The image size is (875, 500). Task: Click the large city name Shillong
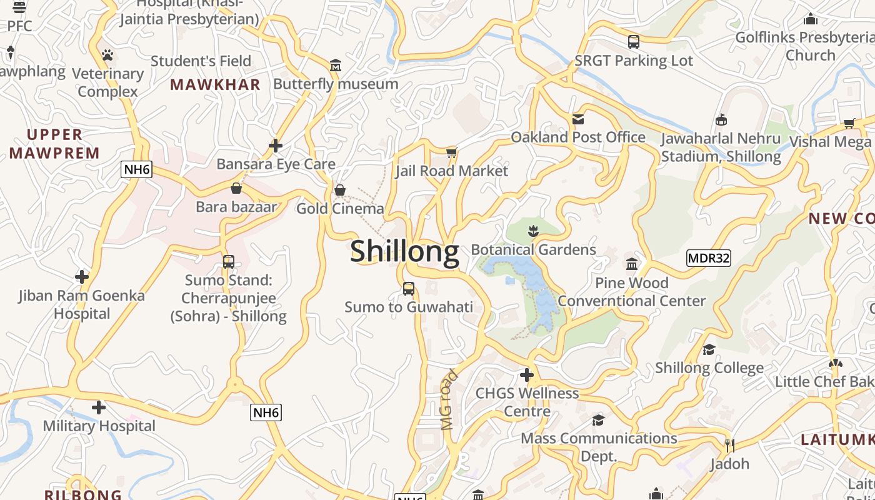pyautogui.click(x=404, y=251)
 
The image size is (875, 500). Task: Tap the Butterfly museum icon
pyautogui.click(x=336, y=66)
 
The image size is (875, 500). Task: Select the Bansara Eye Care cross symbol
pyautogui.click(x=276, y=146)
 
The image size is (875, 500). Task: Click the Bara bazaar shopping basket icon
pyautogui.click(x=236, y=188)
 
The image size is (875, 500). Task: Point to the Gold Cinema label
pyautogui.click(x=340, y=209)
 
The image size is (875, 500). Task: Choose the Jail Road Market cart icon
pyautogui.click(x=452, y=152)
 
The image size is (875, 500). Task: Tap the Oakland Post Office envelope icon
pyautogui.click(x=578, y=119)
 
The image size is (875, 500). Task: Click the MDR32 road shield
pyautogui.click(x=708, y=258)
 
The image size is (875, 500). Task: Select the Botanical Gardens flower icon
pyautogui.click(x=533, y=231)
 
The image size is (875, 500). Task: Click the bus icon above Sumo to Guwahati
pyautogui.click(x=409, y=289)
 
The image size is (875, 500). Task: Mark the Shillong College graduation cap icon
pyautogui.click(x=709, y=349)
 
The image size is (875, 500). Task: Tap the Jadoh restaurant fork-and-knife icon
pyautogui.click(x=729, y=445)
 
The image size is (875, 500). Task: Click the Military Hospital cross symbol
pyautogui.click(x=99, y=407)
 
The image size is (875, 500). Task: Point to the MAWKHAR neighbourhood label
pyautogui.click(x=215, y=85)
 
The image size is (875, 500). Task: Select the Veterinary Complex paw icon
pyautogui.click(x=107, y=55)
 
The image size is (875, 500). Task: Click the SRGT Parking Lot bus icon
pyautogui.click(x=634, y=42)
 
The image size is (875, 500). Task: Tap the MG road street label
pyautogui.click(x=449, y=400)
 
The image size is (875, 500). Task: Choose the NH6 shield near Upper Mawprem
pyautogui.click(x=137, y=169)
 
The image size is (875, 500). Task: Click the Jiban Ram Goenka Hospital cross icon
pyautogui.click(x=82, y=276)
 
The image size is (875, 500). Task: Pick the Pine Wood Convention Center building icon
pyautogui.click(x=632, y=264)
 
